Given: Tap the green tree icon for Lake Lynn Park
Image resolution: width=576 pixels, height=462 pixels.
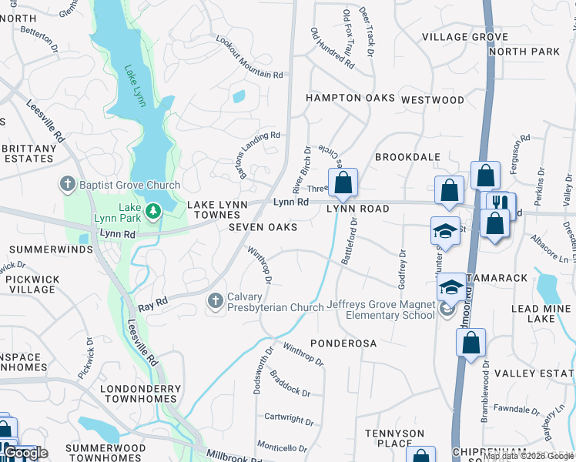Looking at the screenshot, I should coord(153,211).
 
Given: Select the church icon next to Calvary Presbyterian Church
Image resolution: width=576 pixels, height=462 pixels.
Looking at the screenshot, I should coord(216,300).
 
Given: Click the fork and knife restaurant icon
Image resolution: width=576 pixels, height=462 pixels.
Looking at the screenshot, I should coord(501,203).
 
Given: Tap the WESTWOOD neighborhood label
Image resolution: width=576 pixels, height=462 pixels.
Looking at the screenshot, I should coord(433,100).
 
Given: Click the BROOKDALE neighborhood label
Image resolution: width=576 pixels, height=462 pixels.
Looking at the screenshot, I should coord(407,157).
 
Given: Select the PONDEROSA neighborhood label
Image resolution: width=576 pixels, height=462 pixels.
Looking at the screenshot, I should coord(341,341).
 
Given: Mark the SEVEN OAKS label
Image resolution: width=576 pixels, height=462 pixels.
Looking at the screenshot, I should coord(262,227).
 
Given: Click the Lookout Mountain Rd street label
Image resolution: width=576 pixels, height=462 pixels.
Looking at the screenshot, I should coord(249,58).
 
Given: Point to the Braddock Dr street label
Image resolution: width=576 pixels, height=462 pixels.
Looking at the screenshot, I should coord(290,383).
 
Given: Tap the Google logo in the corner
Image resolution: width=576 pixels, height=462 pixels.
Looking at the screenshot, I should coord(25,453).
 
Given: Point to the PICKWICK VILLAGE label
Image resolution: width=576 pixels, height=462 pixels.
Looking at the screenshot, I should coord(32,284).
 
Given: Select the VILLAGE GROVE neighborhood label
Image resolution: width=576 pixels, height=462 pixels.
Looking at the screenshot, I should coord(464,37).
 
